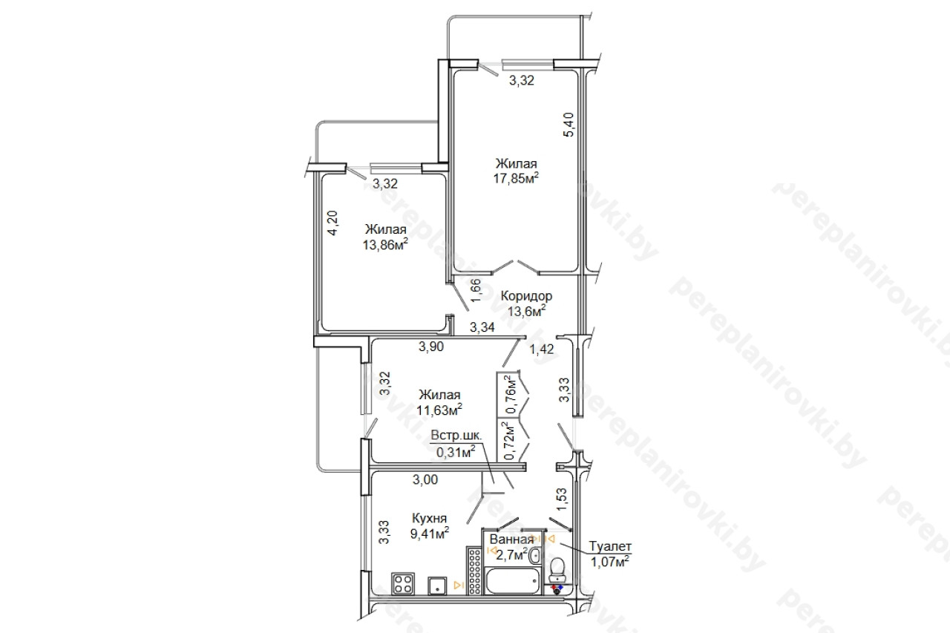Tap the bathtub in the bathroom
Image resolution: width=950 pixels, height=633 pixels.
click(513, 581)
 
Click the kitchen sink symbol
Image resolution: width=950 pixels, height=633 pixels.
click(437, 585)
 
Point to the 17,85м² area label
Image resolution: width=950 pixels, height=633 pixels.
click(516, 178)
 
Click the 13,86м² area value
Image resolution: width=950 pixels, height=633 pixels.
click(385, 245)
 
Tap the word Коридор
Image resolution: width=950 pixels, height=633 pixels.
click(526, 296)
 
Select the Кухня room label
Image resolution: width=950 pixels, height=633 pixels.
click(429, 519)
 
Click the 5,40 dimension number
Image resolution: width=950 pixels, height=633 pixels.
click(569, 124)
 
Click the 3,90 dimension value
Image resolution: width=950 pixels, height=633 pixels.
click(431, 347)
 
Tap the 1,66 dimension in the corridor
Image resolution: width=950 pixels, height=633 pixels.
click(476, 290)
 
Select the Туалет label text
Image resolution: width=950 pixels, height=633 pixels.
click(610, 546)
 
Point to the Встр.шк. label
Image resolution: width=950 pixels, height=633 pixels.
click(456, 436)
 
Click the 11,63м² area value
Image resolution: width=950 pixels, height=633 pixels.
click(439, 410)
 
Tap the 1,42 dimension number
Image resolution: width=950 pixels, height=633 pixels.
click(542, 349)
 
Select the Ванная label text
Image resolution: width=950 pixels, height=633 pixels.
click(511, 539)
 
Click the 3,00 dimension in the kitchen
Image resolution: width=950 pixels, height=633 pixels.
click(425, 479)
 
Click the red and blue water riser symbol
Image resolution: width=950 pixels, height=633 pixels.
click(557, 589)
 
